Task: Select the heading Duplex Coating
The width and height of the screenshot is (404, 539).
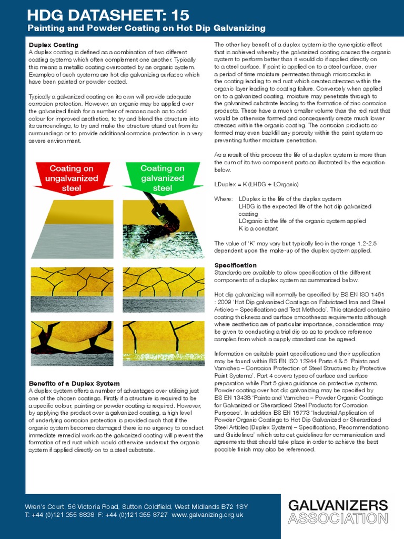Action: click(x=53, y=45)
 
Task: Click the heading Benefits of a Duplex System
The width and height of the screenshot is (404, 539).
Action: click(x=74, y=383)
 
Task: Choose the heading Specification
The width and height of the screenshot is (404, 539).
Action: click(x=236, y=265)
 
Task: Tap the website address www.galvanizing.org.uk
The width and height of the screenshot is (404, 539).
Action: click(x=207, y=514)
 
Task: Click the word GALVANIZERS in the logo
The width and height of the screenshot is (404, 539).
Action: click(x=338, y=506)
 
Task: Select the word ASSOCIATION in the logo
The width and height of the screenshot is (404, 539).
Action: click(x=338, y=518)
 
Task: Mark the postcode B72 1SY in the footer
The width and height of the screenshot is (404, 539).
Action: click(x=231, y=506)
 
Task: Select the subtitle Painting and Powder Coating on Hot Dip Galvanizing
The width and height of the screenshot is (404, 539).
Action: click(x=146, y=28)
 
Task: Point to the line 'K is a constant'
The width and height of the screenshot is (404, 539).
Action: click(x=258, y=229)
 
